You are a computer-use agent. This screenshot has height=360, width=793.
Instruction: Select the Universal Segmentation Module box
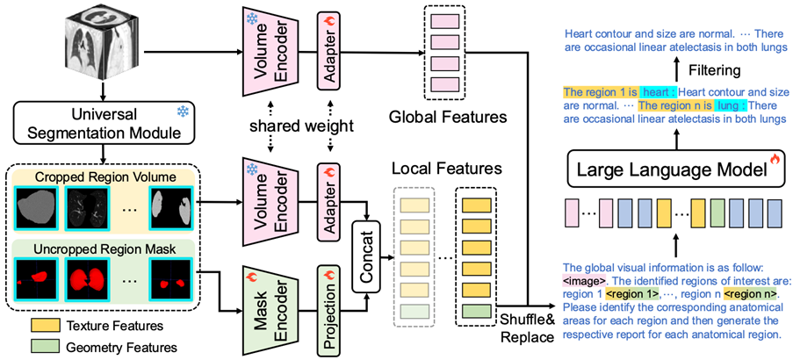click(102, 126)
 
